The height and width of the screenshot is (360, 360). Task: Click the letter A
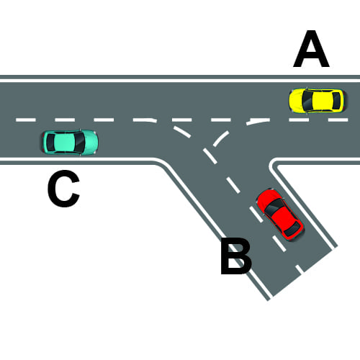311,49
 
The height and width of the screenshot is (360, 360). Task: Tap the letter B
236,256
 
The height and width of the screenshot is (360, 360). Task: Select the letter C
63,188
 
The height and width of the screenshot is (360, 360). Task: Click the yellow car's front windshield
307,100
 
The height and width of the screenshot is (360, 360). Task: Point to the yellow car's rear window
336,100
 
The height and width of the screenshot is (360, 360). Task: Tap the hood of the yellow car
296,100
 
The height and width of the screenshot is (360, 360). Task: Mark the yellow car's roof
323,100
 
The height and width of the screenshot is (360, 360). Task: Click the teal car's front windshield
80,142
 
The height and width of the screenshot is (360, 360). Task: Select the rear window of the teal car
50,142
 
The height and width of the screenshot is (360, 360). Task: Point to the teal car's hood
91,142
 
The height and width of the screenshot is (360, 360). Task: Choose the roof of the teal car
64,142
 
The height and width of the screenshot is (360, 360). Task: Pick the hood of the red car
266,197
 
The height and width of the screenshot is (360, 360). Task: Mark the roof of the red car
283,218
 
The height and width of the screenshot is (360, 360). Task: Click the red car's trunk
296,233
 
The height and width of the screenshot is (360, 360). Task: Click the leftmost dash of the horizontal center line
26,120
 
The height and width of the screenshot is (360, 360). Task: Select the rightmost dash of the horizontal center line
338,120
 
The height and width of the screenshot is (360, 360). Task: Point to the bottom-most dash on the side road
300,269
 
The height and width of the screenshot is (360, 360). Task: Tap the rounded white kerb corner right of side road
271,163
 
